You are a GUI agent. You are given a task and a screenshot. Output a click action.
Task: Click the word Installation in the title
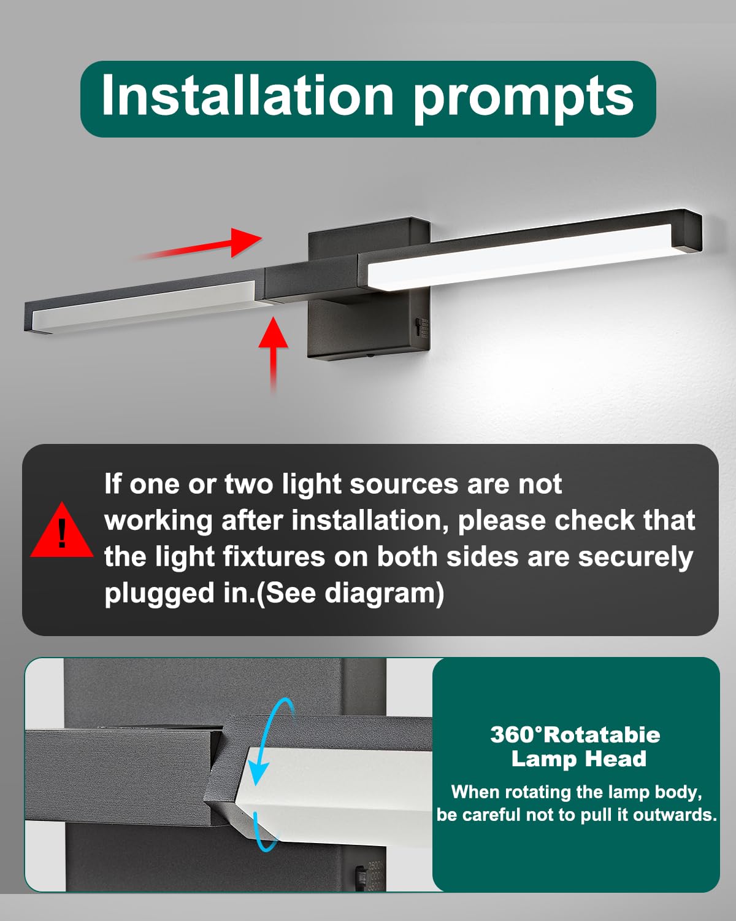[x=248, y=95]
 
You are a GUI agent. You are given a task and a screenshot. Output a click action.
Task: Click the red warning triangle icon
[x=62, y=530]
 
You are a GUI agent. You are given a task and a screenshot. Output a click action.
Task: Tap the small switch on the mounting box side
[x=418, y=328]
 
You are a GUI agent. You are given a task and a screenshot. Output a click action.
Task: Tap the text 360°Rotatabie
[x=575, y=735]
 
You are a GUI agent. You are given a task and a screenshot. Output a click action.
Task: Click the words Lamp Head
[x=578, y=760]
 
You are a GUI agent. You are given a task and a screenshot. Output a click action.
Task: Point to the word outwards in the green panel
[x=675, y=814]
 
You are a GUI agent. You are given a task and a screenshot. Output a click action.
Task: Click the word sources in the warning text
[x=404, y=485]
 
